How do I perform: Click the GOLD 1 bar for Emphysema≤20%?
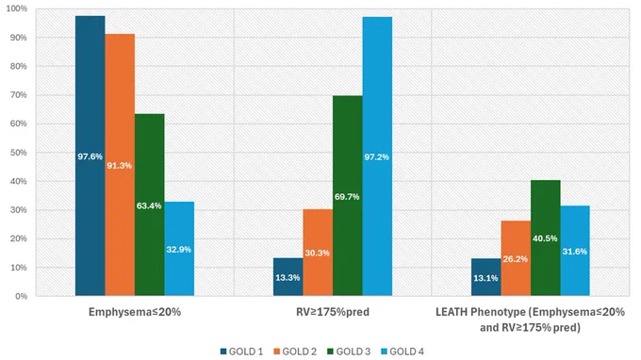[90, 155]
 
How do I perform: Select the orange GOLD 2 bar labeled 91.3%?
[120, 165]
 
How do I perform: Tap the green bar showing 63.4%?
[150, 205]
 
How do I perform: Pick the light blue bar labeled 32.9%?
[179, 249]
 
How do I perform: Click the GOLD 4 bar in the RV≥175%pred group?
[377, 156]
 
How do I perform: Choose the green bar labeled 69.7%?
[348, 196]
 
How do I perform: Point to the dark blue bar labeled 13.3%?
[288, 277]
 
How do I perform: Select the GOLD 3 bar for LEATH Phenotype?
[546, 237]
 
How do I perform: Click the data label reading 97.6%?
[90, 156]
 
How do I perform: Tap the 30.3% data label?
[318, 253]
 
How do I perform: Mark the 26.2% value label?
[515, 259]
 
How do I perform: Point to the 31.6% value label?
[575, 252]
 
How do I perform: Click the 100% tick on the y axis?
[17, 8]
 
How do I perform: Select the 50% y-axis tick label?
[19, 153]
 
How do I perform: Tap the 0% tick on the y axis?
[22, 296]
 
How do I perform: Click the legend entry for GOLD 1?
[241, 352]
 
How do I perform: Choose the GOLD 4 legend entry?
[403, 352]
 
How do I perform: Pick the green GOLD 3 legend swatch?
[331, 352]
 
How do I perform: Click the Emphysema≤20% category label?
[135, 312]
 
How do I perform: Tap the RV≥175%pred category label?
[333, 312]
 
